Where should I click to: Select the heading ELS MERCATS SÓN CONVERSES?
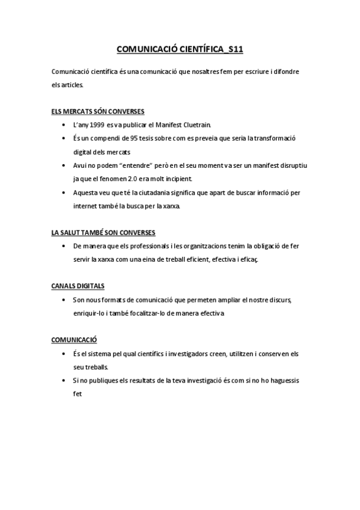[98, 111]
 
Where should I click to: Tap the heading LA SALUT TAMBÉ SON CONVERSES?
[103, 232]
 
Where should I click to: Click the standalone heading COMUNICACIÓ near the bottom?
[75, 340]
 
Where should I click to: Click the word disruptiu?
[290, 165]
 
